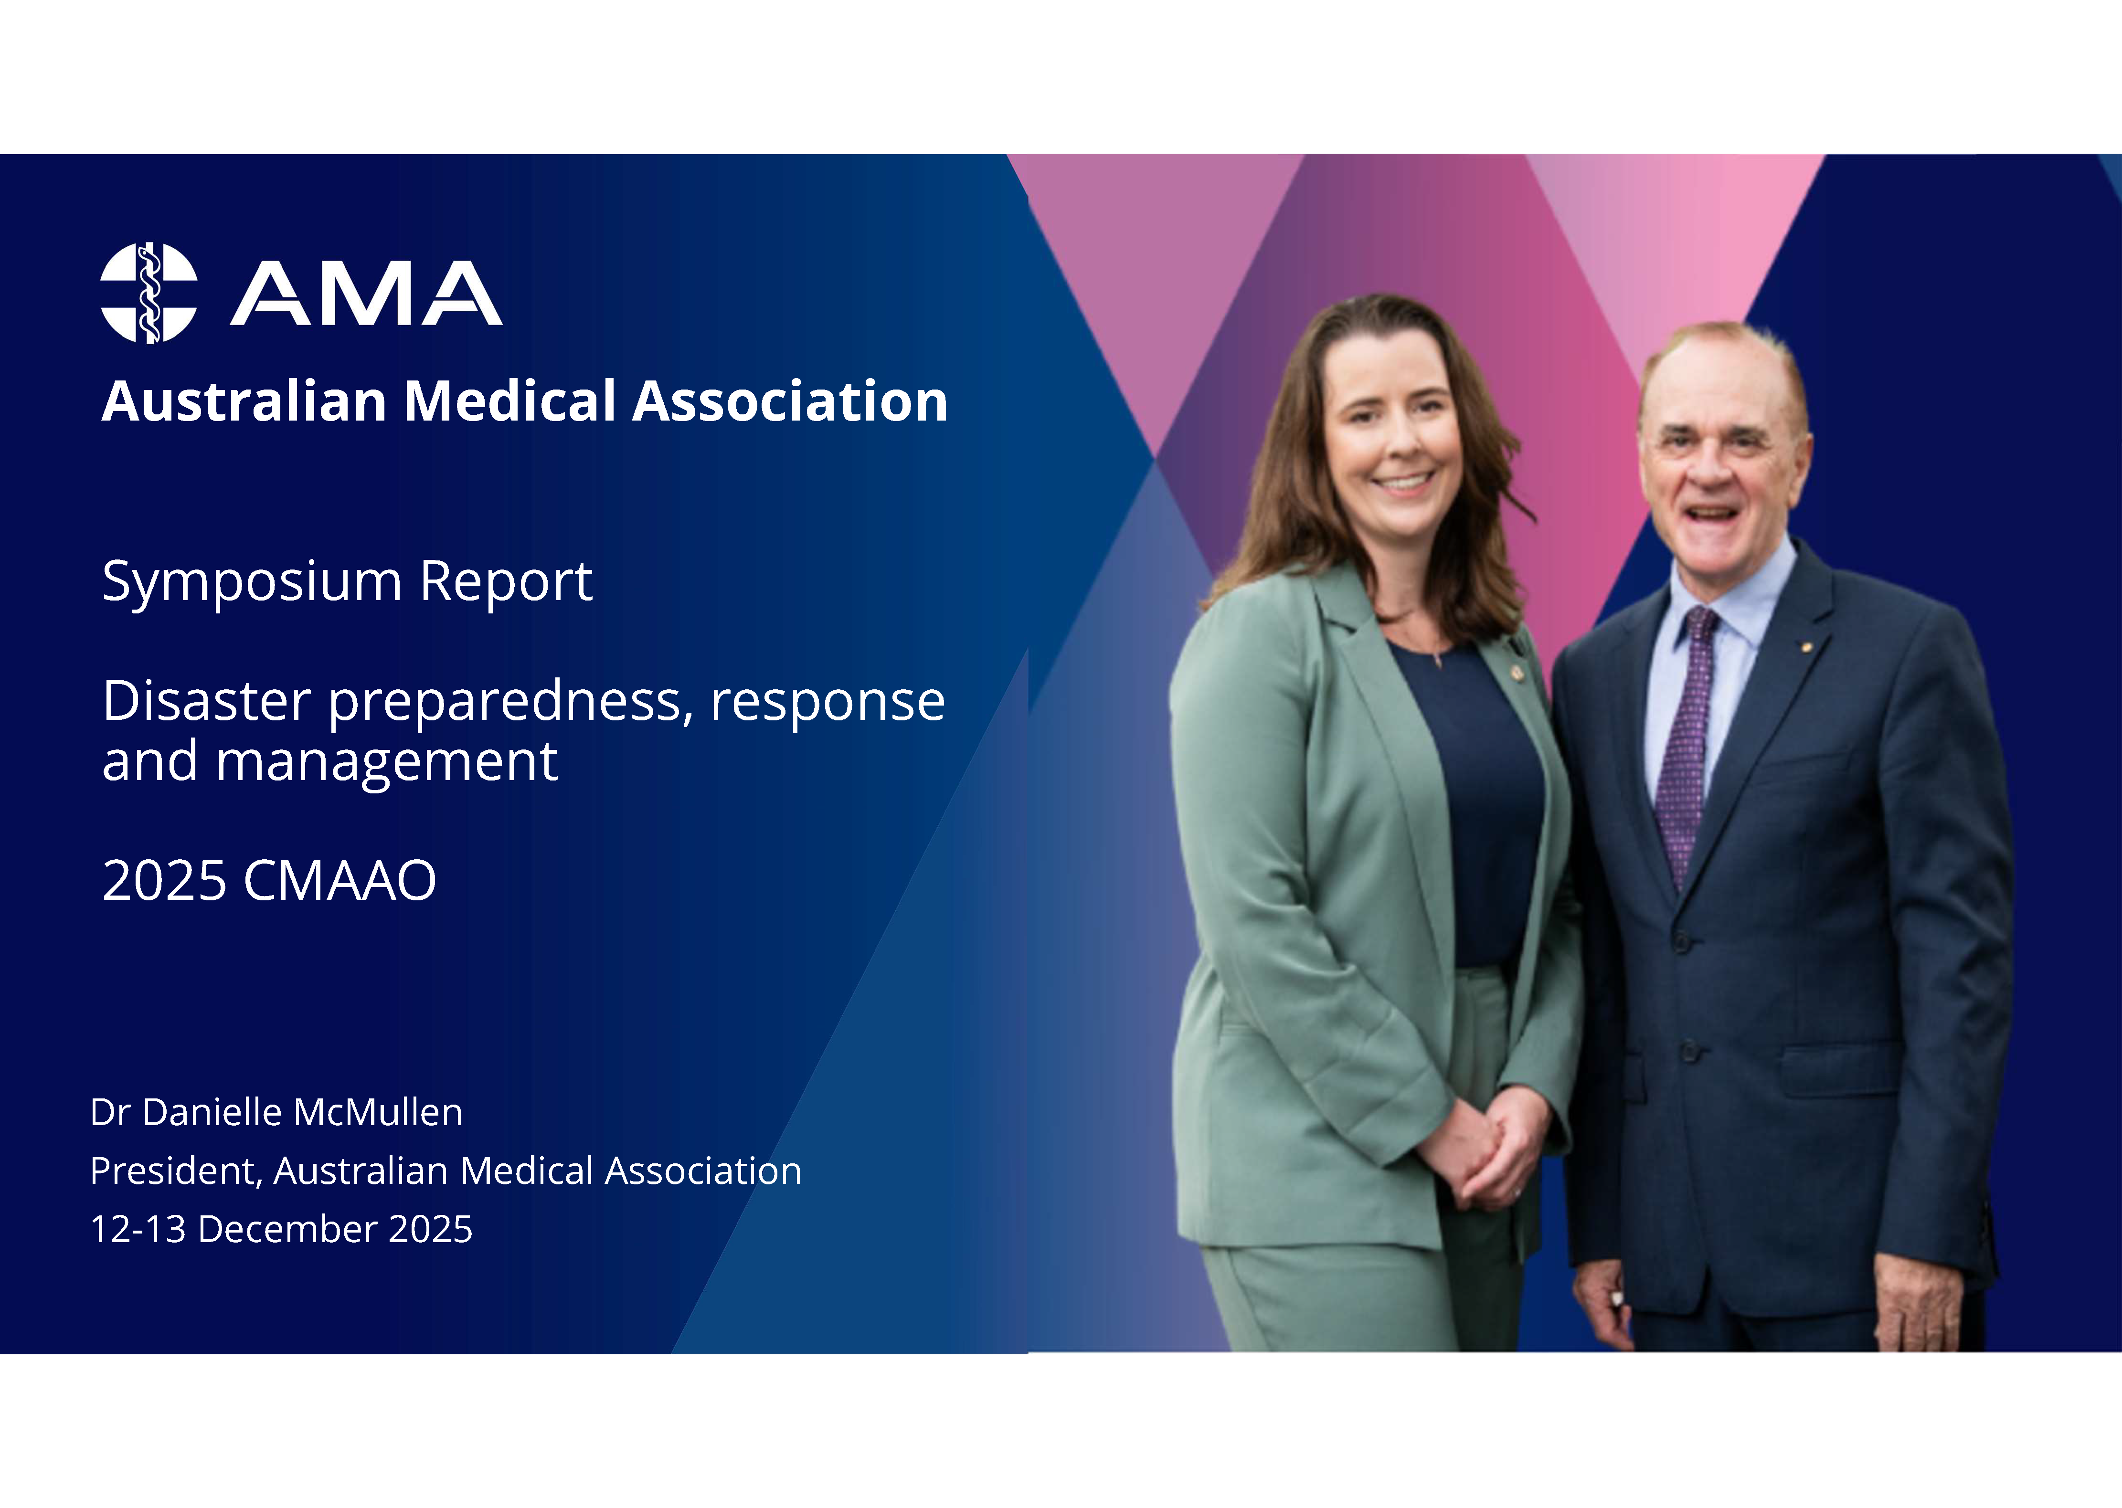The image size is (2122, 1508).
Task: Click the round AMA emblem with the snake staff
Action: click(149, 294)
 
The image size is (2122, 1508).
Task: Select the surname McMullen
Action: click(380, 1112)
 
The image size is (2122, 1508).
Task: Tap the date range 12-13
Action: click(138, 1229)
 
